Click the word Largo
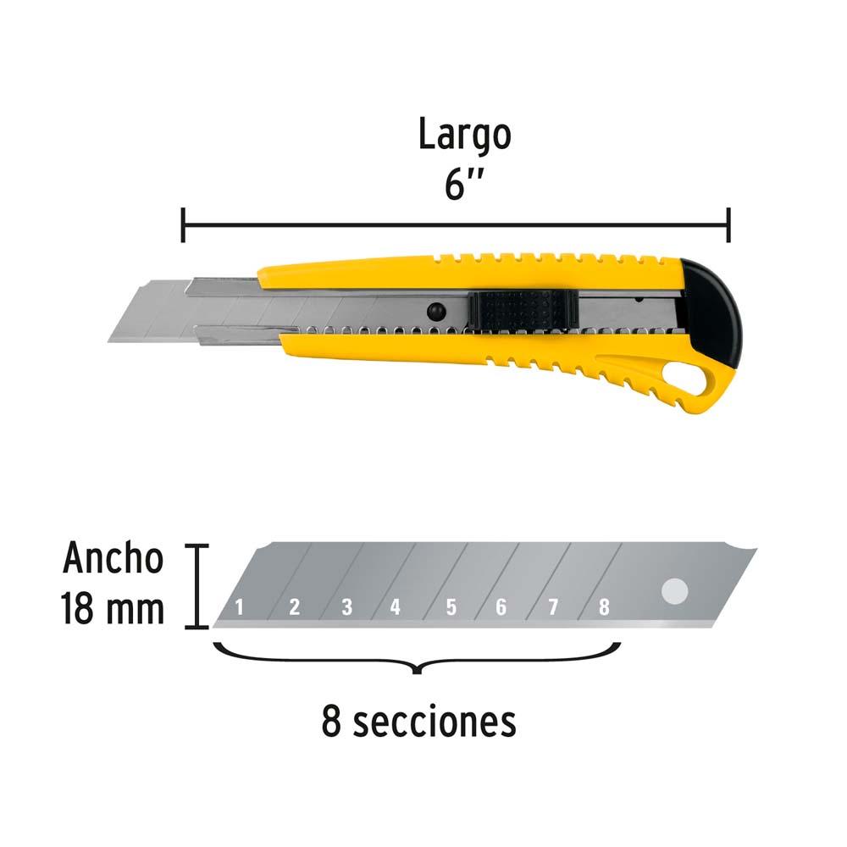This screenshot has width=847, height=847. (x=464, y=135)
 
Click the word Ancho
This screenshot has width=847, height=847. (x=113, y=557)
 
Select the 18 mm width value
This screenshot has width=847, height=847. (x=113, y=608)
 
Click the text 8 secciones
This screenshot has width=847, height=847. (x=418, y=722)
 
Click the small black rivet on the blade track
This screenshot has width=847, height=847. (x=436, y=311)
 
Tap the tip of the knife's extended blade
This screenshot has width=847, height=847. (x=108, y=341)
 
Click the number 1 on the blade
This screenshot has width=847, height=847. (x=240, y=607)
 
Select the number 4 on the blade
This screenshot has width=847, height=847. (x=396, y=607)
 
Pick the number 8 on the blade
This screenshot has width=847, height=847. (x=604, y=607)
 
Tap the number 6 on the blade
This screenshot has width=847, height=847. (x=501, y=607)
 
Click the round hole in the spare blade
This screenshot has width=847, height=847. (x=675, y=591)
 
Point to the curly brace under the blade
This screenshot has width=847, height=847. (x=417, y=658)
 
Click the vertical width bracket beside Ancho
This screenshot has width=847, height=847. (x=197, y=587)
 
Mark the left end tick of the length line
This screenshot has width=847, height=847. (x=183, y=224)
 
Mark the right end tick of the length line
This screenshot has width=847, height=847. (x=728, y=224)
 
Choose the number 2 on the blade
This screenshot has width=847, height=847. (x=295, y=607)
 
